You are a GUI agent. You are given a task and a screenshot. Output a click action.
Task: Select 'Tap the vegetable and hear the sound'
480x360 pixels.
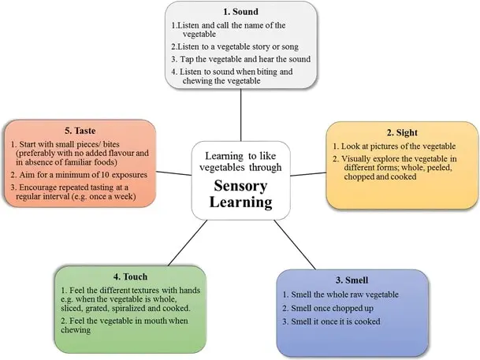pyautogui.click(x=241, y=60)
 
